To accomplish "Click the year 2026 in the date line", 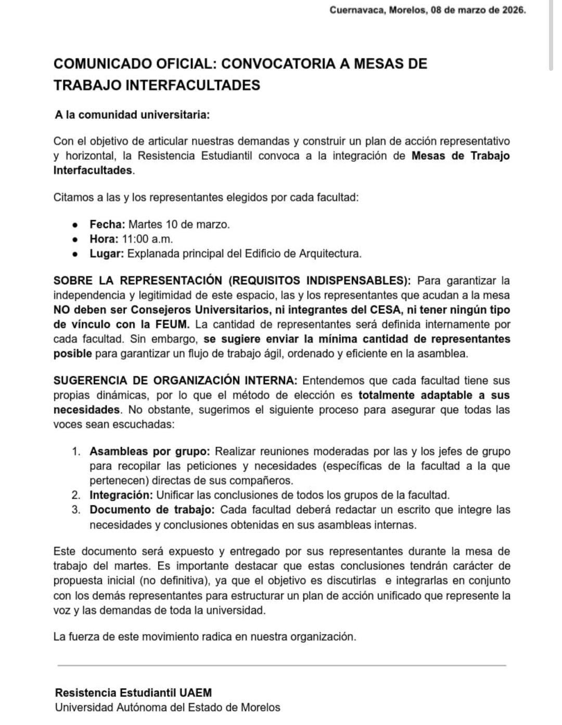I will [513, 10].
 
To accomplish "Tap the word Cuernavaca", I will [356, 10].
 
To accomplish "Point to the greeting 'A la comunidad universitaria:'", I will [132, 115].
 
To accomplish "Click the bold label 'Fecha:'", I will [107, 224].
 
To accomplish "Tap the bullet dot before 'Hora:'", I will [76, 239].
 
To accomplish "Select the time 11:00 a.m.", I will [147, 239].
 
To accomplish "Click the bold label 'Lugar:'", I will [107, 253].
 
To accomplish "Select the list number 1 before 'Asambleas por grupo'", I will [76, 451].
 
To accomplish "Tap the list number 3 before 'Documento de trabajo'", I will [76, 510].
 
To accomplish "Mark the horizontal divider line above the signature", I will [281, 665].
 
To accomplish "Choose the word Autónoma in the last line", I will [138, 707].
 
